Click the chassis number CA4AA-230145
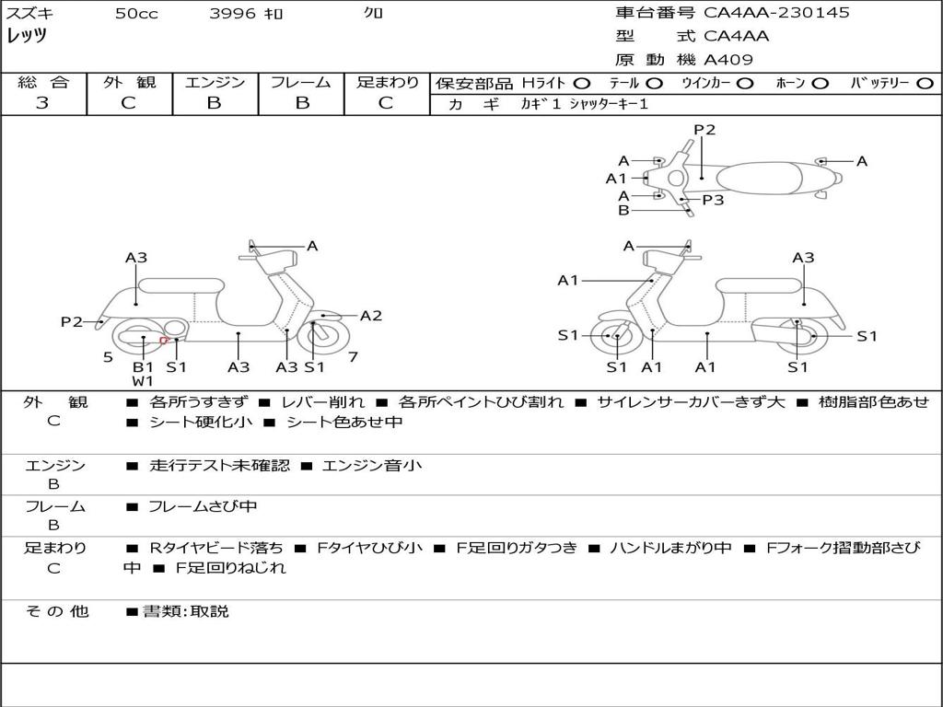(x=776, y=13)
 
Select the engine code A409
(x=728, y=60)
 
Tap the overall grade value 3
(x=42, y=103)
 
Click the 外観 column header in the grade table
(x=129, y=83)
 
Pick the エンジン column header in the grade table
(x=215, y=83)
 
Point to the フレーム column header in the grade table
(x=300, y=83)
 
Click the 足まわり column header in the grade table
(x=387, y=83)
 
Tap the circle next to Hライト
(x=582, y=84)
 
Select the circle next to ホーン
(x=820, y=84)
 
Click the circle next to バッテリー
(x=926, y=84)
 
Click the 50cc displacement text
(x=136, y=14)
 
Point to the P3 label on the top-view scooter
(x=713, y=199)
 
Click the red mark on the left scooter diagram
(x=164, y=341)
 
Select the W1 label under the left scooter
(x=143, y=380)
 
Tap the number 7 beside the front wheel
(x=353, y=356)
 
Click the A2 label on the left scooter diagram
(x=371, y=316)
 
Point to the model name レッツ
(x=27, y=36)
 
